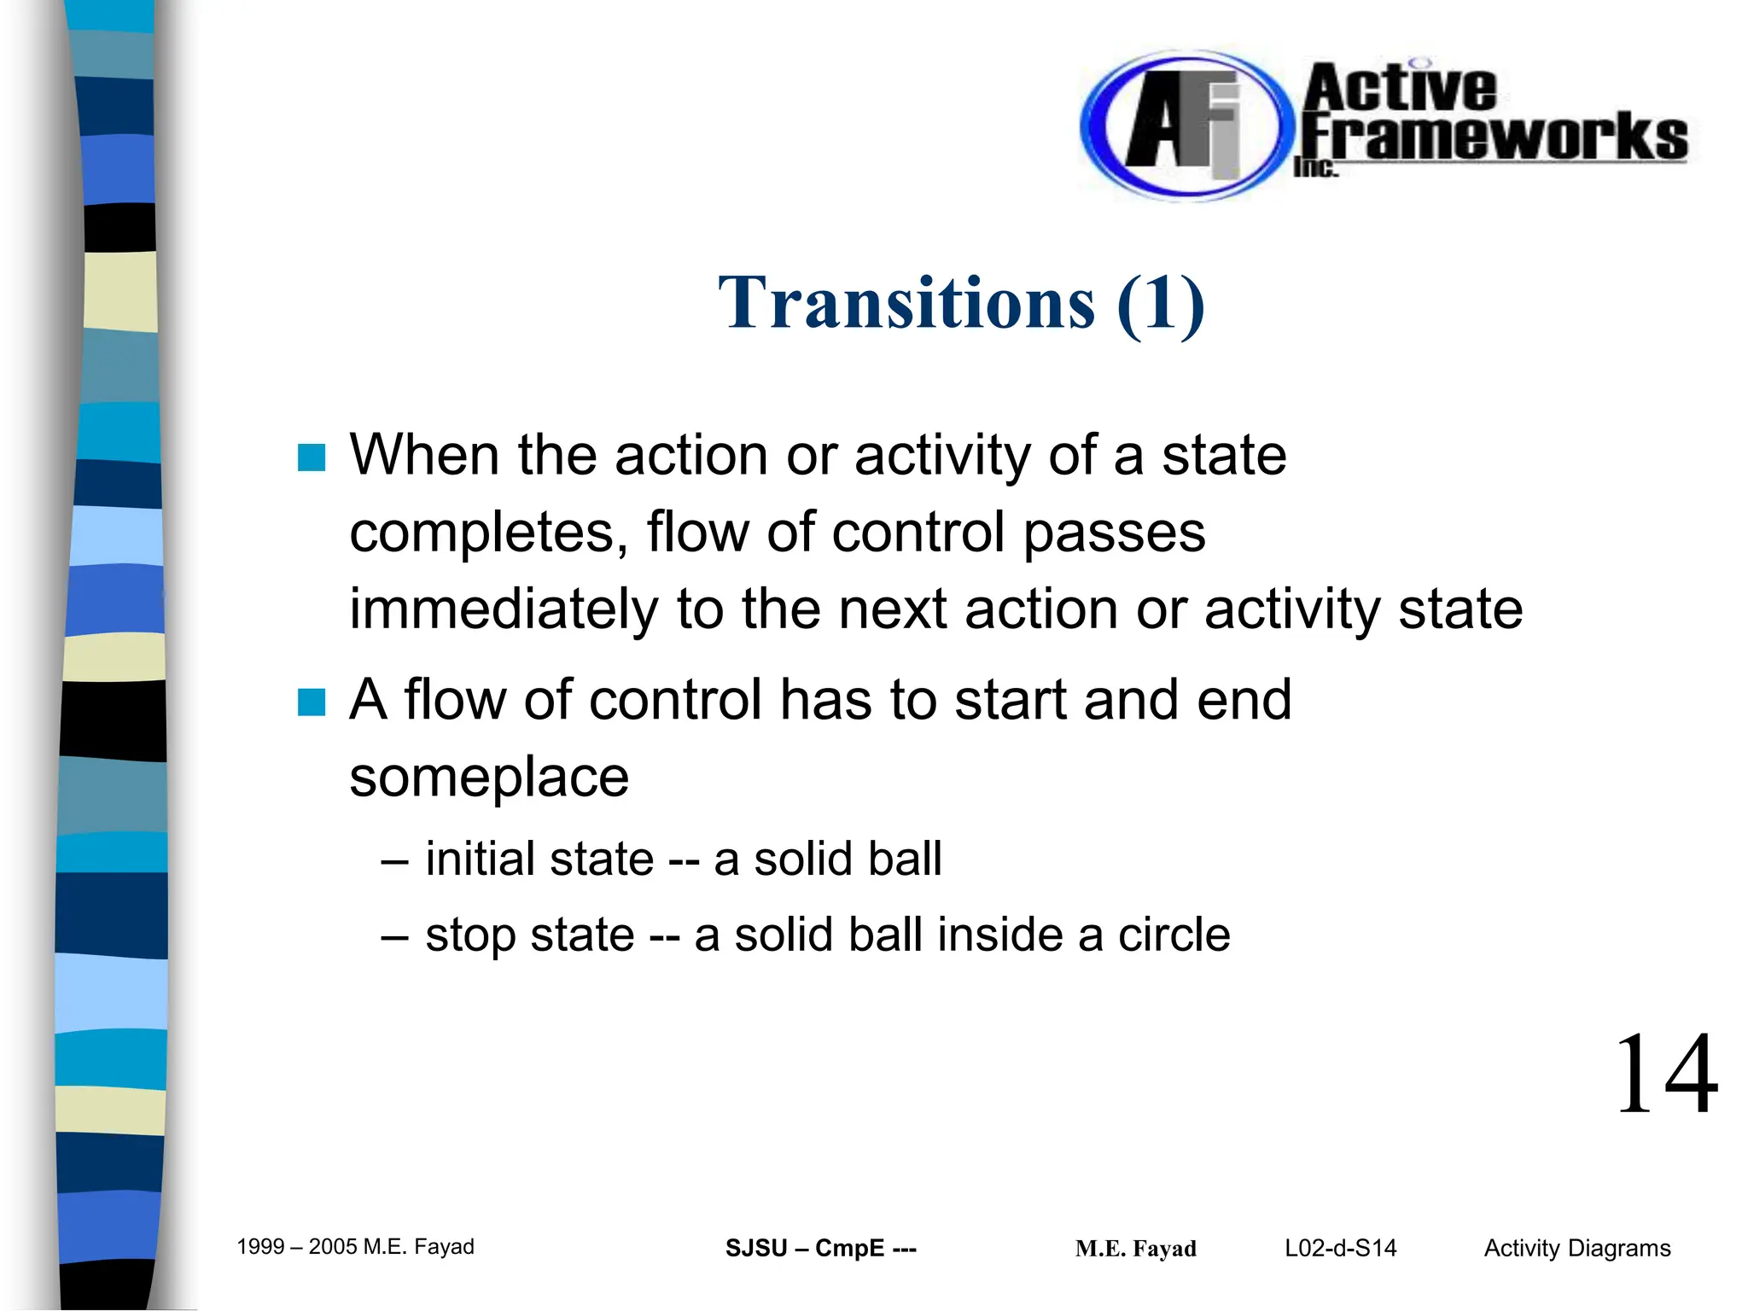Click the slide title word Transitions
point(906,304)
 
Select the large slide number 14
point(1665,1075)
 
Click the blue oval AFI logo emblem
point(1182,126)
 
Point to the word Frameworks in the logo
point(1494,137)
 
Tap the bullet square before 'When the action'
point(312,457)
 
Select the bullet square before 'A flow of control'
point(312,702)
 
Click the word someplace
point(489,777)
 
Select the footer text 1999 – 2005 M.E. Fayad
point(355,1247)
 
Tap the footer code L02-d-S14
point(1340,1249)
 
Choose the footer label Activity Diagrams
point(1576,1249)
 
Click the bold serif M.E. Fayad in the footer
point(1135,1250)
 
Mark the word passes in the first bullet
point(1114,533)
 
